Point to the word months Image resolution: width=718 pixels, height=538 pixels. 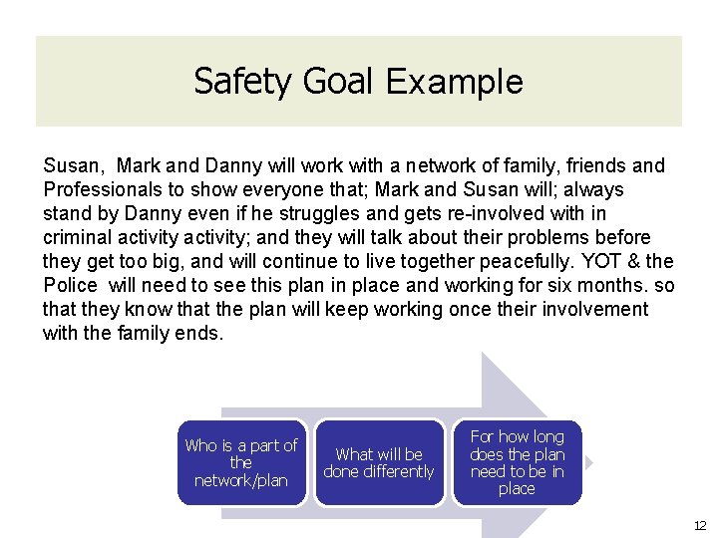[x=611, y=285]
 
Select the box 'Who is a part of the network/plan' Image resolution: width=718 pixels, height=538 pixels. [x=241, y=462]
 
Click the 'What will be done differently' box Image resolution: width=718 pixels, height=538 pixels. [x=379, y=462]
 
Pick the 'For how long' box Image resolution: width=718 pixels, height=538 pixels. [x=517, y=462]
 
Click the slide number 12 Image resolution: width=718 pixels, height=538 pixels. [x=699, y=524]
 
